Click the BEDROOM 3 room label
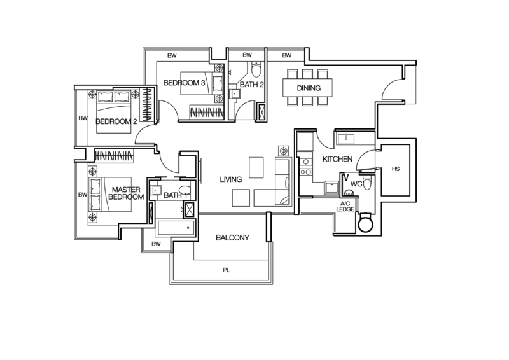[185, 83]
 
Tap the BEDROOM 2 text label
[116, 121]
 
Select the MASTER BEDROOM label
[127, 194]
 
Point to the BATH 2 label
[251, 84]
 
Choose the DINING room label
[309, 88]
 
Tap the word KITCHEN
[337, 158]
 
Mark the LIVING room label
[230, 179]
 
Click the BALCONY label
[232, 237]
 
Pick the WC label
[356, 184]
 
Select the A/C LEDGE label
[345, 206]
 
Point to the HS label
[396, 169]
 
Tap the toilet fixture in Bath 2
[257, 68]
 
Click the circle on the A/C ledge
[365, 224]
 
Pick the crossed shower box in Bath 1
[188, 211]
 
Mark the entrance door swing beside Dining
[393, 90]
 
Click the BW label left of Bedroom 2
[82, 118]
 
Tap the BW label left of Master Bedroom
[82, 194]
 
